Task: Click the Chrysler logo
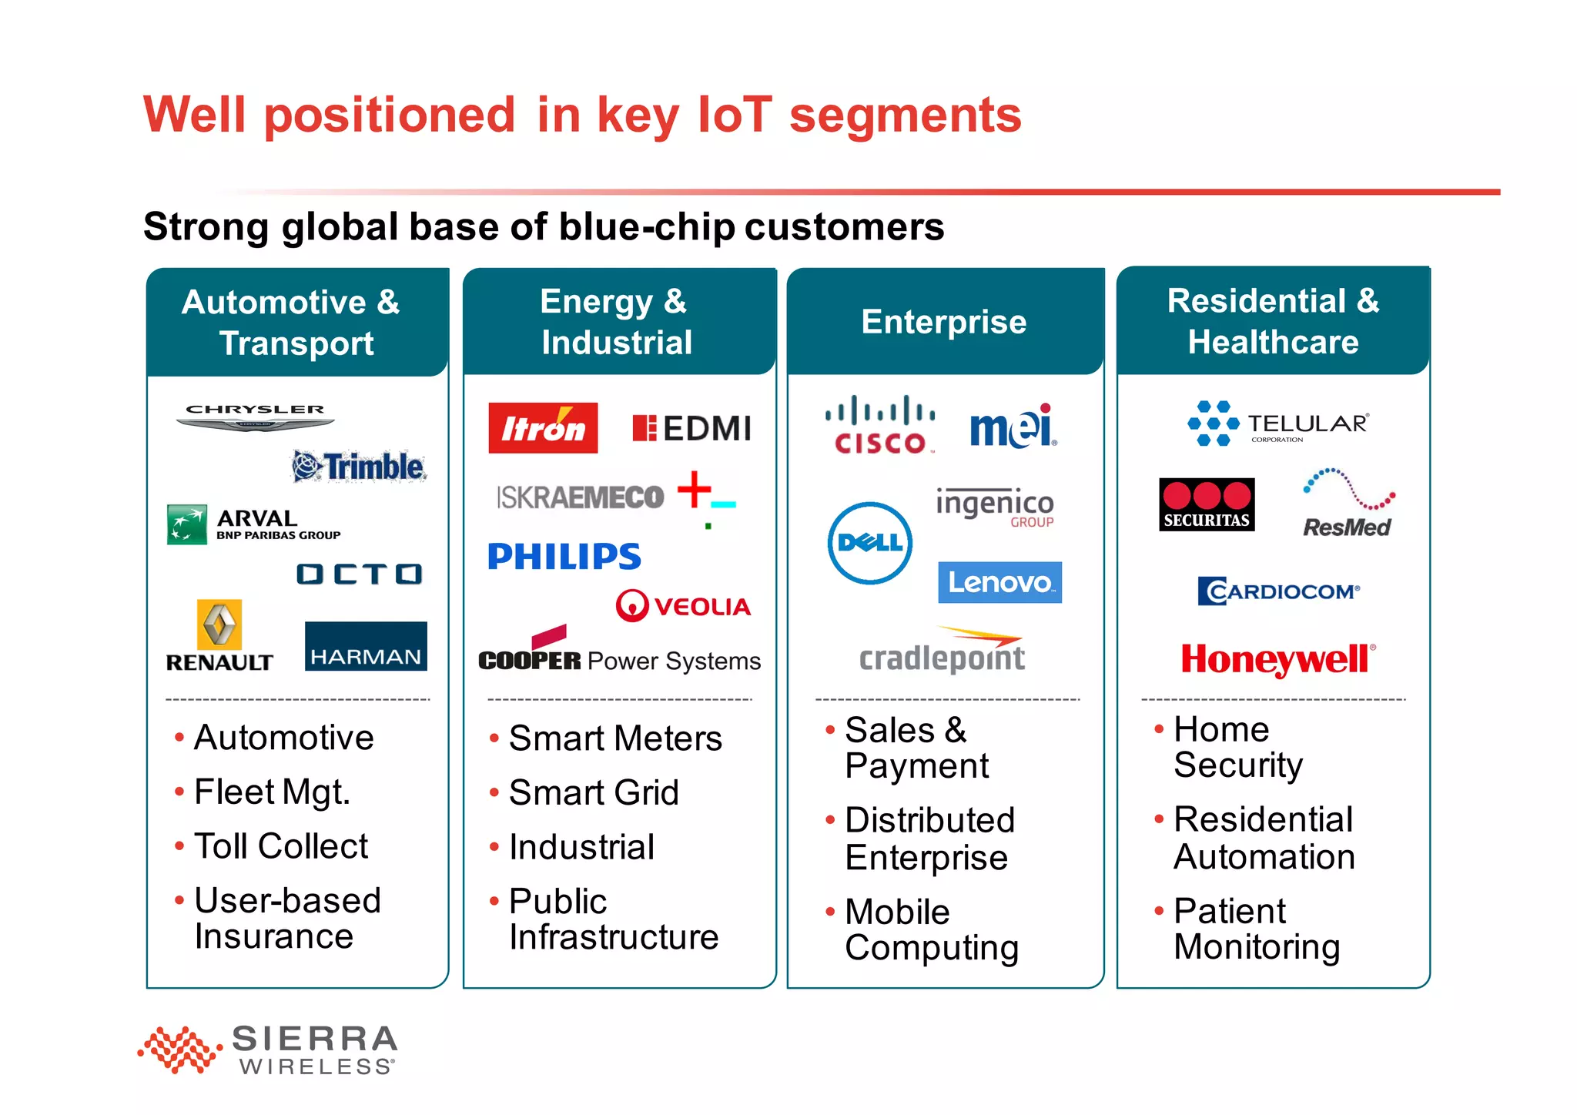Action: point(255,416)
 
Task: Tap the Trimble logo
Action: point(359,467)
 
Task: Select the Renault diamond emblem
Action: point(219,624)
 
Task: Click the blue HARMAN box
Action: point(366,646)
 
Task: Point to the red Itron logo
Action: point(543,428)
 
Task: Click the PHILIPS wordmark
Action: point(564,557)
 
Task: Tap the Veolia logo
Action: point(683,606)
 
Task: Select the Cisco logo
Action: point(880,425)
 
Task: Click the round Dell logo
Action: point(870,543)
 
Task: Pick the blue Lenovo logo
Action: point(999,582)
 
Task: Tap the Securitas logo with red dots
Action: point(1207,504)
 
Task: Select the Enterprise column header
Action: point(944,322)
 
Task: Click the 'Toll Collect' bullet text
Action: point(281,846)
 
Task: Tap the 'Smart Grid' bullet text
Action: point(594,793)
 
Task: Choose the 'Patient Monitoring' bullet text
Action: point(1255,929)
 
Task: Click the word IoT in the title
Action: point(734,115)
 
